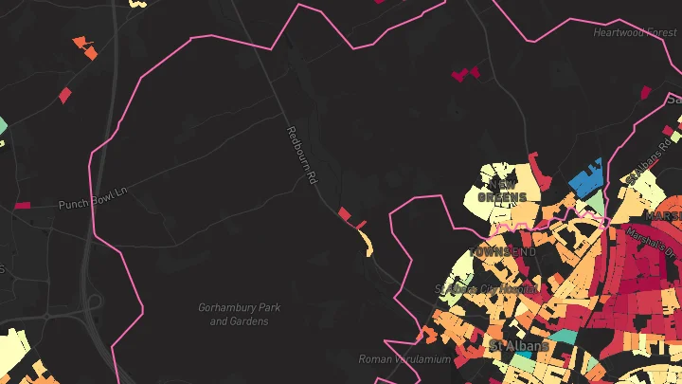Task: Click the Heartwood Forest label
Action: tap(635, 32)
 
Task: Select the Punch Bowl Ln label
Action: tap(93, 204)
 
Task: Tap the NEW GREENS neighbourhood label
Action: tap(502, 191)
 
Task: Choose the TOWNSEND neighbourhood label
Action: tap(504, 252)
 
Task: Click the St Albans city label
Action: tap(518, 346)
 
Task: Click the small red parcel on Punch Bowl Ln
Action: tap(22, 205)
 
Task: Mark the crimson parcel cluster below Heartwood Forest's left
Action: tap(464, 73)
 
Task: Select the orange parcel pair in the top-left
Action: tap(85, 47)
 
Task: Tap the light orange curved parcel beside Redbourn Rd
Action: tap(367, 243)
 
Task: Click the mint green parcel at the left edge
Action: tap(3, 125)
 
